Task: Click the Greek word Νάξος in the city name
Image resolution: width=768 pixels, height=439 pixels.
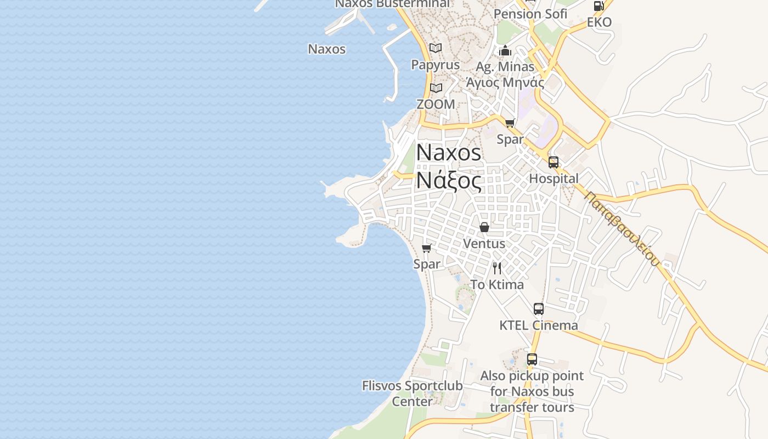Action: tap(449, 180)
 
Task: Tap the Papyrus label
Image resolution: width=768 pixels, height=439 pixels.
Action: tap(436, 65)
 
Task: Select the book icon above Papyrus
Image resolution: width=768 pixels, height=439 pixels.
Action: tap(436, 48)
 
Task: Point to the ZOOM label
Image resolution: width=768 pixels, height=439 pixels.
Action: tap(436, 104)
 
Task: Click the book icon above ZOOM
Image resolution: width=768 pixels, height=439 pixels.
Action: tap(436, 88)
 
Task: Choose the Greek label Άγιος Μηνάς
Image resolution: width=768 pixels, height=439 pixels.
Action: tap(505, 83)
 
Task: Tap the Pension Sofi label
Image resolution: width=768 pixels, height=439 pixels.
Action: tap(530, 14)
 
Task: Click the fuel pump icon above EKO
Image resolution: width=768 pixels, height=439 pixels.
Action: tap(598, 6)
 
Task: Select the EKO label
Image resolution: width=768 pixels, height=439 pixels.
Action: tap(599, 22)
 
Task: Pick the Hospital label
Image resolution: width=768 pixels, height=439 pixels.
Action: tap(554, 179)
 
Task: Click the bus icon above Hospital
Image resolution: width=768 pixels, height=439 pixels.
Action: tap(554, 162)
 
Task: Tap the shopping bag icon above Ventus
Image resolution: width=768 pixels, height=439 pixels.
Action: tap(484, 227)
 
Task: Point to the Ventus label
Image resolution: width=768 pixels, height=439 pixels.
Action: tap(484, 243)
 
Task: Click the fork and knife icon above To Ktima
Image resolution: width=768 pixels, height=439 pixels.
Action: tap(497, 268)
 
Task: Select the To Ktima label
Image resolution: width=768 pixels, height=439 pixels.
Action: tap(497, 285)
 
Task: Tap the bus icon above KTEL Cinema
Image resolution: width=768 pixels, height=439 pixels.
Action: tap(539, 309)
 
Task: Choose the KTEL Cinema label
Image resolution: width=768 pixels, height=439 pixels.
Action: tap(539, 325)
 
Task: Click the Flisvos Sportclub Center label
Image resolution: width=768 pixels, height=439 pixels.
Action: tap(412, 393)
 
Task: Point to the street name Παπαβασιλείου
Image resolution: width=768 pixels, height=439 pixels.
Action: tap(622, 228)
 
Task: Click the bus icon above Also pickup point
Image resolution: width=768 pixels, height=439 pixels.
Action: tap(532, 359)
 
